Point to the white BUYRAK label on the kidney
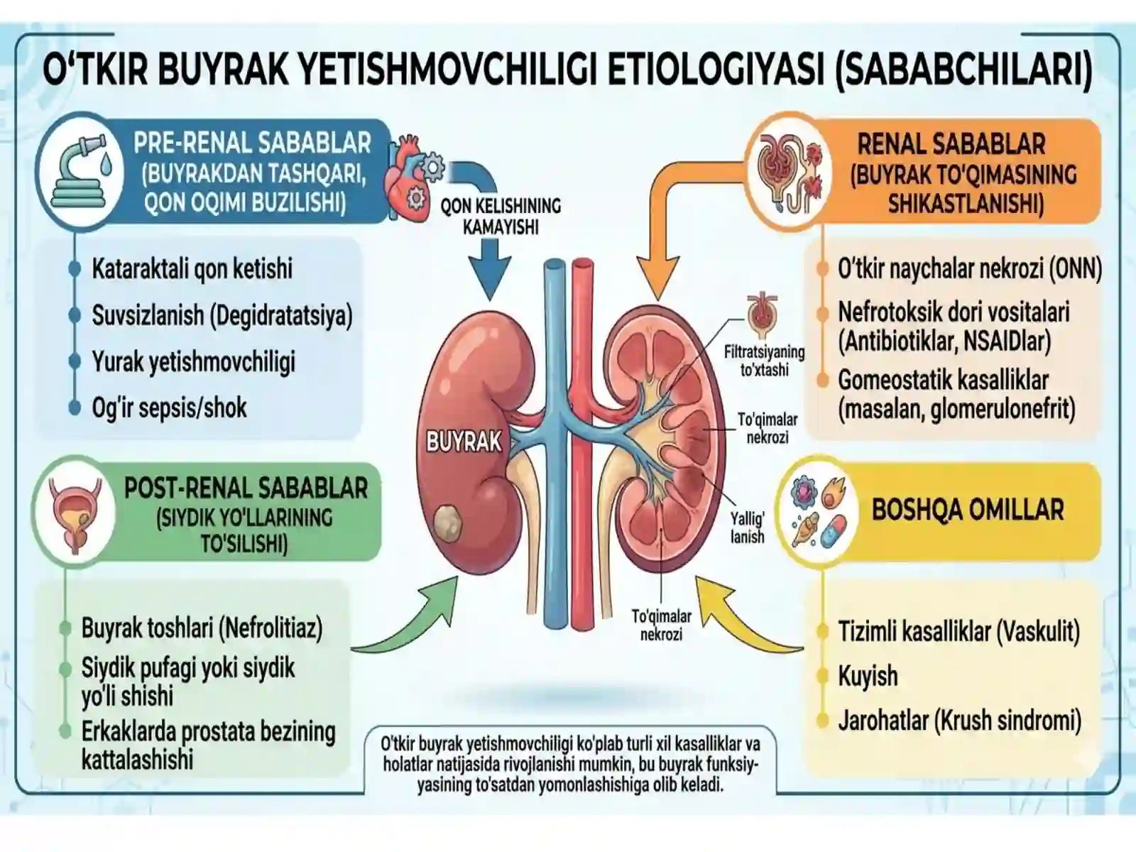click(464, 442)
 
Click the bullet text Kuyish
click(868, 676)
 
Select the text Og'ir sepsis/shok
click(169, 408)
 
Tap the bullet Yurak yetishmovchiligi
click(194, 361)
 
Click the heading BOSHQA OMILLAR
click(968, 510)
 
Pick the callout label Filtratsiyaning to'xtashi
click(764, 361)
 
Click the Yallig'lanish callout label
click(748, 527)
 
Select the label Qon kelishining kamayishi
click(501, 217)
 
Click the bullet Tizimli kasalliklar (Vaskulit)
click(959, 631)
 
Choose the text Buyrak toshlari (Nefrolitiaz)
click(202, 628)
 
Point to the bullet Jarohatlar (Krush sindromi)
click(960, 721)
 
